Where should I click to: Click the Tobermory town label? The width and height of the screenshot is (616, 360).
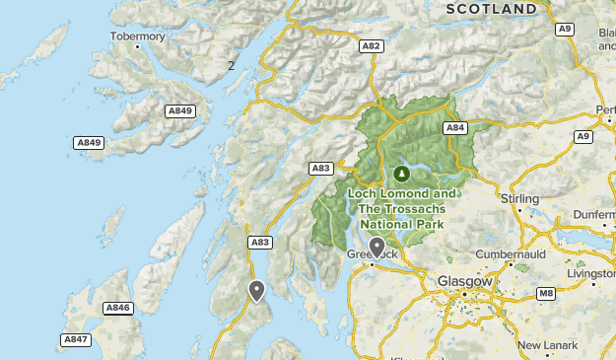[137, 36]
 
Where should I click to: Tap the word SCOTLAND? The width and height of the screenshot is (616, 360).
[492, 9]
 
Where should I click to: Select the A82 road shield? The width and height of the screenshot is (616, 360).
[372, 45]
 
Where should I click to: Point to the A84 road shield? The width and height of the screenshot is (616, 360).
[454, 127]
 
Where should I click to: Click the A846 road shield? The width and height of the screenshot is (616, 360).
[117, 308]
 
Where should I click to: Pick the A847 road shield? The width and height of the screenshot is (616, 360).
[75, 338]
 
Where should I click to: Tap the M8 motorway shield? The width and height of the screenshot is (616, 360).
[546, 293]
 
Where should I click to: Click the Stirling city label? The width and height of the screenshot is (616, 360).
[519, 199]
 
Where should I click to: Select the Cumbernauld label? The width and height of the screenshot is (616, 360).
[510, 253]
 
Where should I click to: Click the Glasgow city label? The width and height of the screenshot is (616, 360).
[464, 281]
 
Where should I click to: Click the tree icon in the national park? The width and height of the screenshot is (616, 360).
[400, 174]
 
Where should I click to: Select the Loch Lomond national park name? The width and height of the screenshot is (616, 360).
[401, 209]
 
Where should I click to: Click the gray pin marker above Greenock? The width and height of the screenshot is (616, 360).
[376, 246]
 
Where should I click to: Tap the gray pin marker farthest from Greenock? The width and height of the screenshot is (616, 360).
[256, 290]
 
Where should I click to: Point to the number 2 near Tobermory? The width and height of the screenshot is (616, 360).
[231, 66]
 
